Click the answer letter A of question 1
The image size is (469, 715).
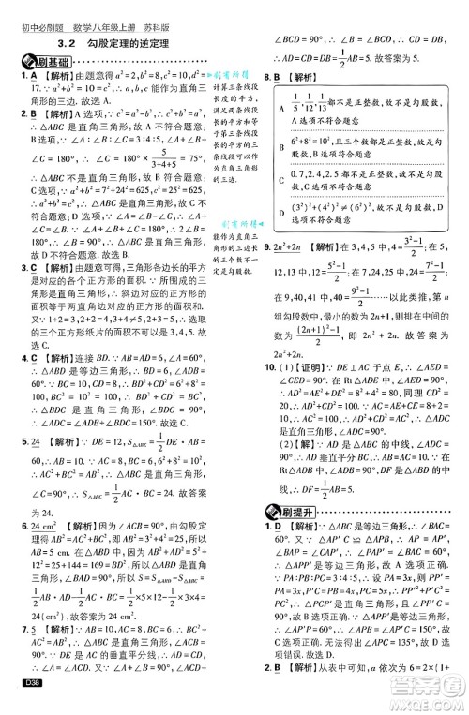[21, 75]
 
